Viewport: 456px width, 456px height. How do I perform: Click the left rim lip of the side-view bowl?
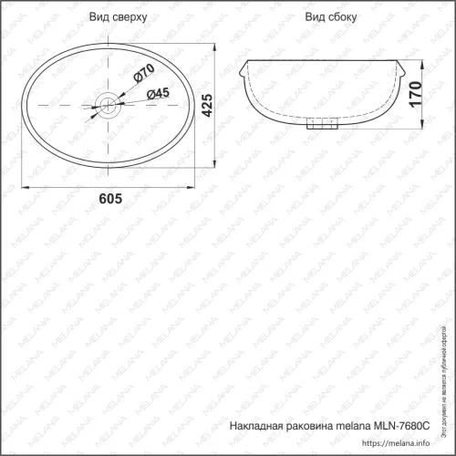[243, 73]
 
